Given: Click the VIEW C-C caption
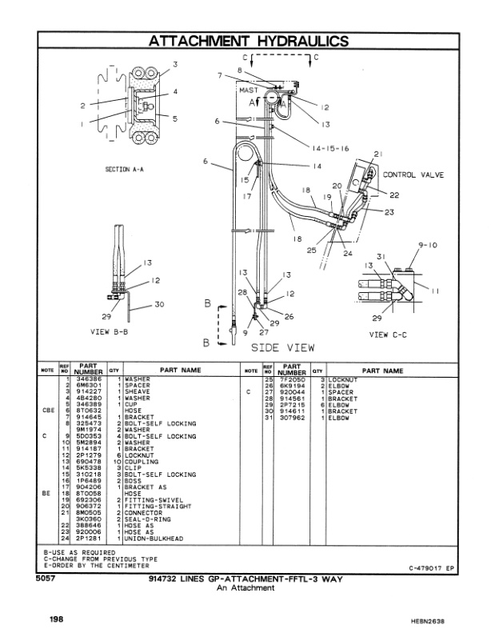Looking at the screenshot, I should tap(388, 335).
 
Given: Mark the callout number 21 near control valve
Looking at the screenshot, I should tap(378, 154).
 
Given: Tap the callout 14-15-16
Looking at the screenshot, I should tap(321, 149).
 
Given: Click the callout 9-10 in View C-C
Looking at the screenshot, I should tap(428, 244).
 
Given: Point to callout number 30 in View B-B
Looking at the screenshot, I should tap(161, 303).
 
